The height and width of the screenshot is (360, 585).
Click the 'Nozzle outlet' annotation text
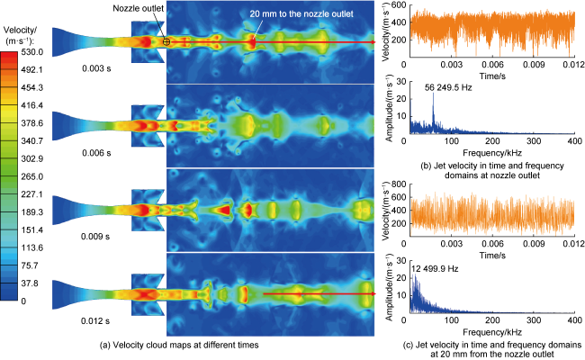coord(138,9)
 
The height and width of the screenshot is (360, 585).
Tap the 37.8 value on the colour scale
coord(31,283)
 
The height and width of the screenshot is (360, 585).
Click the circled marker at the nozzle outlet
coord(167,42)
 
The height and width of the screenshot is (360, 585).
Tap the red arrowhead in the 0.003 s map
coord(372,42)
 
